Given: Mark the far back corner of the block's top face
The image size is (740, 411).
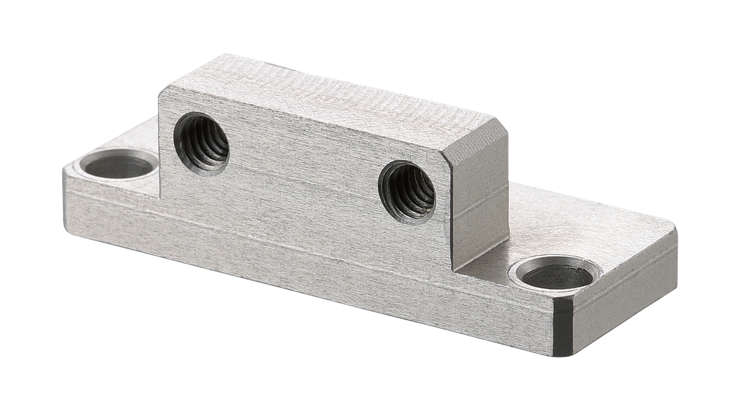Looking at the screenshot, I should pyautogui.click(x=224, y=55).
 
